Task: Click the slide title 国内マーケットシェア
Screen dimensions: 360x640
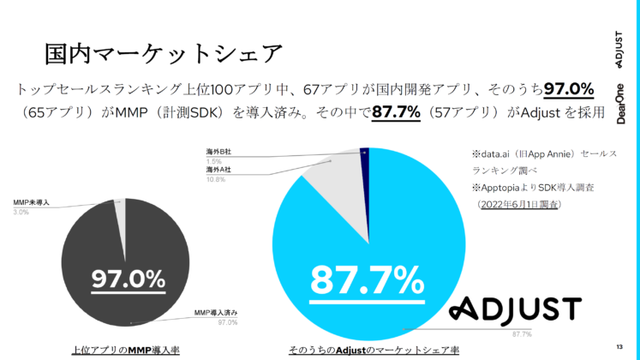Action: [x=163, y=53]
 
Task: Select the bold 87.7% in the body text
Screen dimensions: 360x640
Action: [x=396, y=112]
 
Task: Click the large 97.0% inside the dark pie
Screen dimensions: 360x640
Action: [x=129, y=278]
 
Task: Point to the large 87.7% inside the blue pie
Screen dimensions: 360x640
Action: [x=366, y=279]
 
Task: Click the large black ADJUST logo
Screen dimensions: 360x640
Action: [x=516, y=309]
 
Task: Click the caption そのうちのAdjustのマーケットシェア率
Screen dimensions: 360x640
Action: [x=374, y=349]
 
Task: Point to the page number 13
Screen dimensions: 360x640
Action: [x=619, y=345]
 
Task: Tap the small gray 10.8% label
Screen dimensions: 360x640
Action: [x=213, y=179]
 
